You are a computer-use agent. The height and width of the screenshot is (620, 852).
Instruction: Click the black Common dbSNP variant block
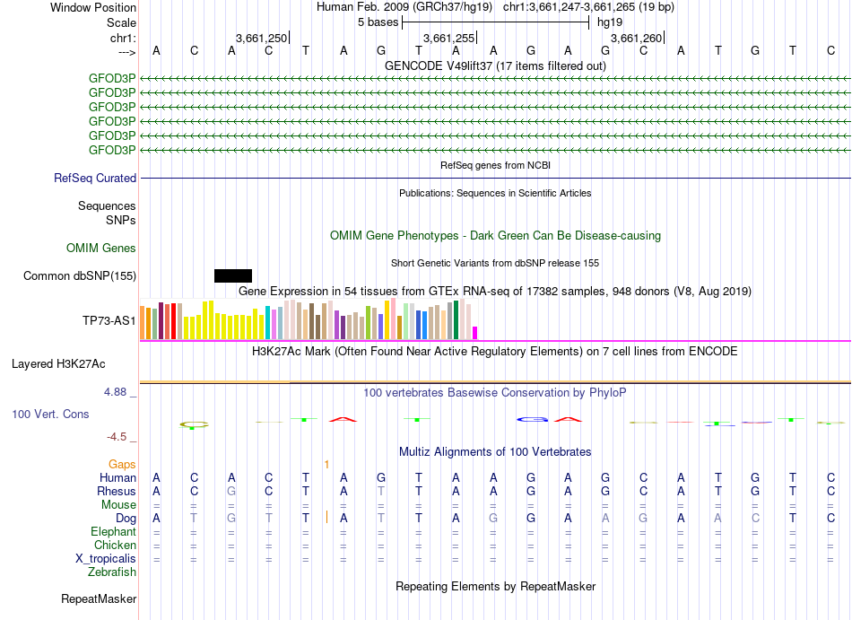point(233,275)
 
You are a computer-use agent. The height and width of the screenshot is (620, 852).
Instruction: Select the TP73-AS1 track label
point(109,320)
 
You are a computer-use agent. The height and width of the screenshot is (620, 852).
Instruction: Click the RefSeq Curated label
point(95,179)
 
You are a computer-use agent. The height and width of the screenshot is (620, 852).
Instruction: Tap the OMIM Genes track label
point(101,248)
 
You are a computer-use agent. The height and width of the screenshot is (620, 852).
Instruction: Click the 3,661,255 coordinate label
point(448,39)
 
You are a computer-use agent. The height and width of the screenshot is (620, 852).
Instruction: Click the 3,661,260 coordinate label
point(635,39)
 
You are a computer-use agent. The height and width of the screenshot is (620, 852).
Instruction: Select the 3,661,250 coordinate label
point(261,39)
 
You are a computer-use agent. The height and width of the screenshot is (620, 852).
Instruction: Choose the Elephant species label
point(113,532)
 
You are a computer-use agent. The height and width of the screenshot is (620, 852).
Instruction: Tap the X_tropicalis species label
point(106,559)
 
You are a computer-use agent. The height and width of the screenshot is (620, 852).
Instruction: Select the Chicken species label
point(115,546)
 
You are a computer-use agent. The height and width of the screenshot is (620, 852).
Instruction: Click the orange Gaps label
point(122,464)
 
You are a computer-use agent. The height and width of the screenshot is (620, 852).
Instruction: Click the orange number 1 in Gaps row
point(327,464)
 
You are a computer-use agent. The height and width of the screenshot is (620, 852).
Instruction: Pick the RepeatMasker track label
point(99,598)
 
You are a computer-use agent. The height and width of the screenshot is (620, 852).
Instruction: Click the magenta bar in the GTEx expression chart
point(475,332)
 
